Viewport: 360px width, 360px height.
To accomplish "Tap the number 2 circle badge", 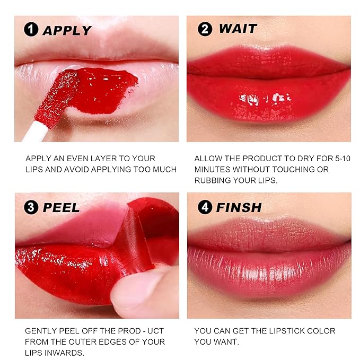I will (205, 29).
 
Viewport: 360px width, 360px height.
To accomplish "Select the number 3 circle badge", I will (31, 207).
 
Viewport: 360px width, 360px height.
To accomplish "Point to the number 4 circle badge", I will (205, 207).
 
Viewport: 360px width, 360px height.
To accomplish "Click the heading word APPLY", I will (68, 30).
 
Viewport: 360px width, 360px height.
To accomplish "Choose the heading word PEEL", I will (61, 207).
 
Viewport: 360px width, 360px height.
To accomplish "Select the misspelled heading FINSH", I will (239, 207).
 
